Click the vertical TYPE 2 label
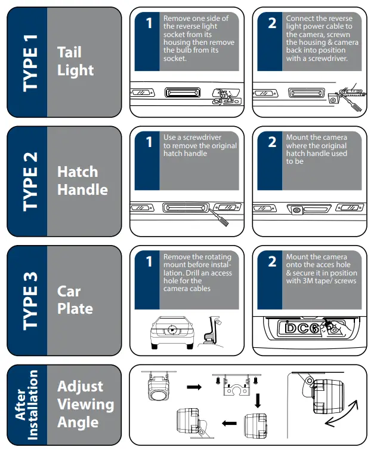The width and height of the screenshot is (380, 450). click(28, 181)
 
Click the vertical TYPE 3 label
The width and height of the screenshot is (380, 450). click(28, 300)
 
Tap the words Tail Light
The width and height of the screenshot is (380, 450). click(75, 61)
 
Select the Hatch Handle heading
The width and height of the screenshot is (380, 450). click(82, 180)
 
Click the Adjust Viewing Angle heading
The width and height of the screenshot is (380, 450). click(85, 404)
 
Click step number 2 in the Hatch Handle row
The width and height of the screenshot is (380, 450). click(272, 143)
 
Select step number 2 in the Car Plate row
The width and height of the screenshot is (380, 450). click(272, 262)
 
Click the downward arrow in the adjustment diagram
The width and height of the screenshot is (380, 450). click(257, 402)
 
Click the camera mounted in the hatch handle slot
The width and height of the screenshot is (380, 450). click(296, 209)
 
